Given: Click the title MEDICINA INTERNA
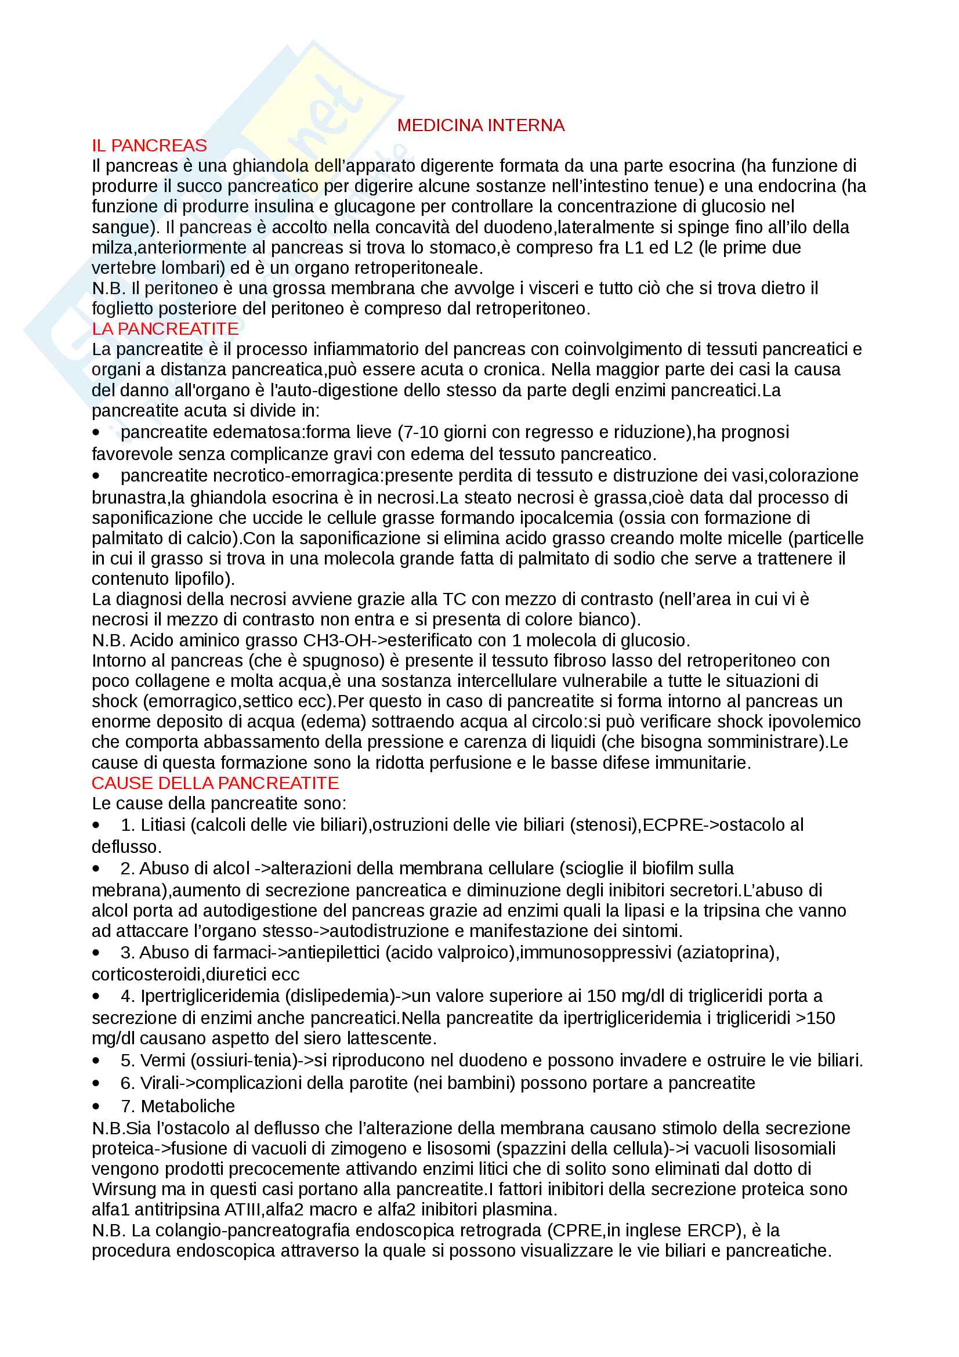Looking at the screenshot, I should click(x=480, y=125).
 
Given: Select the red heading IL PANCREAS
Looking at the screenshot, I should click(x=149, y=146).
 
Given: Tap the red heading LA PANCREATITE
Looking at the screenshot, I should click(x=165, y=328).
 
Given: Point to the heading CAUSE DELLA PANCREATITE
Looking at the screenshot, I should click(x=215, y=783).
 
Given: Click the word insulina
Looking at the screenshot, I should click(x=284, y=207).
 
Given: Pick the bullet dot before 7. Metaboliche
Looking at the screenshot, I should click(x=96, y=1106).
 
